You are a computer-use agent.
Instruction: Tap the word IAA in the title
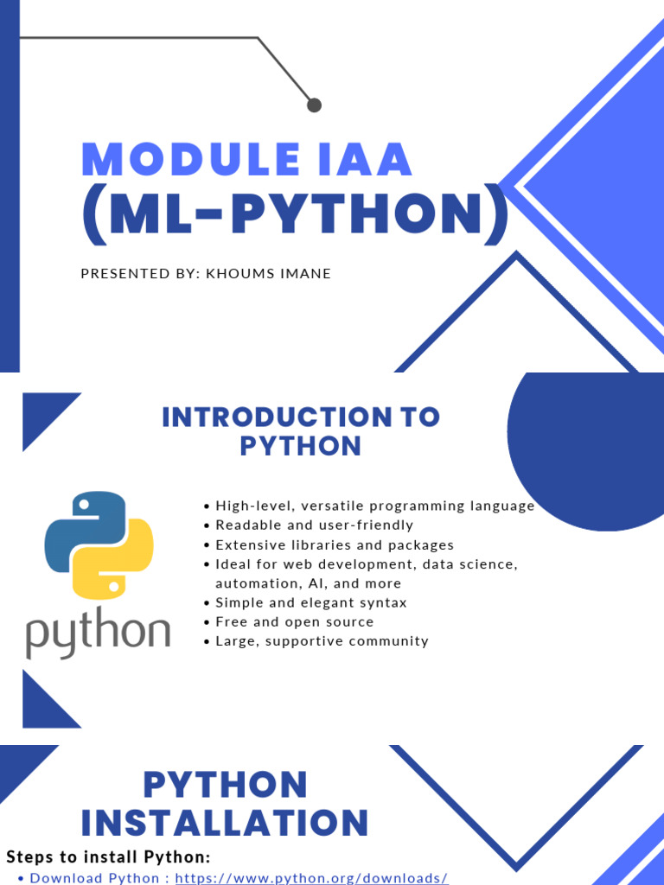tap(366, 159)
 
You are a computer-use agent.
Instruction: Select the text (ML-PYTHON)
tap(296, 214)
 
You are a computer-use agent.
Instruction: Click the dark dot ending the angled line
tap(314, 105)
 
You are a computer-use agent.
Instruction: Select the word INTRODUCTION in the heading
tap(277, 417)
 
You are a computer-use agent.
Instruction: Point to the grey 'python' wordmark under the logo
tap(99, 632)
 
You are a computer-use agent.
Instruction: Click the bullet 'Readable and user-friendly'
tap(315, 525)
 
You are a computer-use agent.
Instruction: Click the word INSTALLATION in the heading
tap(225, 823)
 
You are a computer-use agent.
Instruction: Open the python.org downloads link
tap(311, 878)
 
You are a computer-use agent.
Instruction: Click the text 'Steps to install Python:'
tap(108, 856)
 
